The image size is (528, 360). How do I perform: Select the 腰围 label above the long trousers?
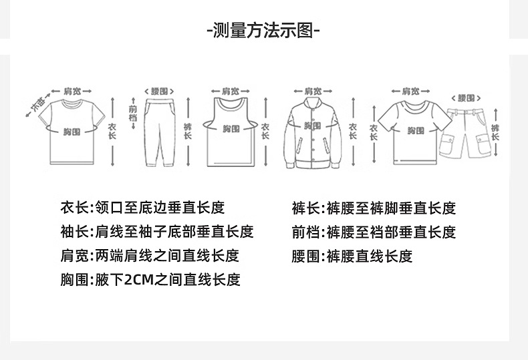[x=158, y=91]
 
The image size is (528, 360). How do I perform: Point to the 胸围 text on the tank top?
[x=231, y=128]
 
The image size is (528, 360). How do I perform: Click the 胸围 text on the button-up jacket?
[x=312, y=126]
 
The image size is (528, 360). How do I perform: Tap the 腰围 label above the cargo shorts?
[x=470, y=98]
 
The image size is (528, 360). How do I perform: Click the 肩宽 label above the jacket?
[x=313, y=91]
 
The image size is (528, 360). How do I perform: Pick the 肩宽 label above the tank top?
[x=231, y=91]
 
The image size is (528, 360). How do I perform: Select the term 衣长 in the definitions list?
[x=74, y=208]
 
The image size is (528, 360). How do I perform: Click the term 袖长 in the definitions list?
[x=74, y=232]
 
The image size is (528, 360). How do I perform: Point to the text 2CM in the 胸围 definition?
[x=139, y=280]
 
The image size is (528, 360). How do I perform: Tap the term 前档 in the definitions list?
[x=305, y=232]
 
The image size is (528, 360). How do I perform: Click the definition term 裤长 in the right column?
[x=305, y=208]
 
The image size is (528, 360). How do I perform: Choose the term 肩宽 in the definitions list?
[x=74, y=256]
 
